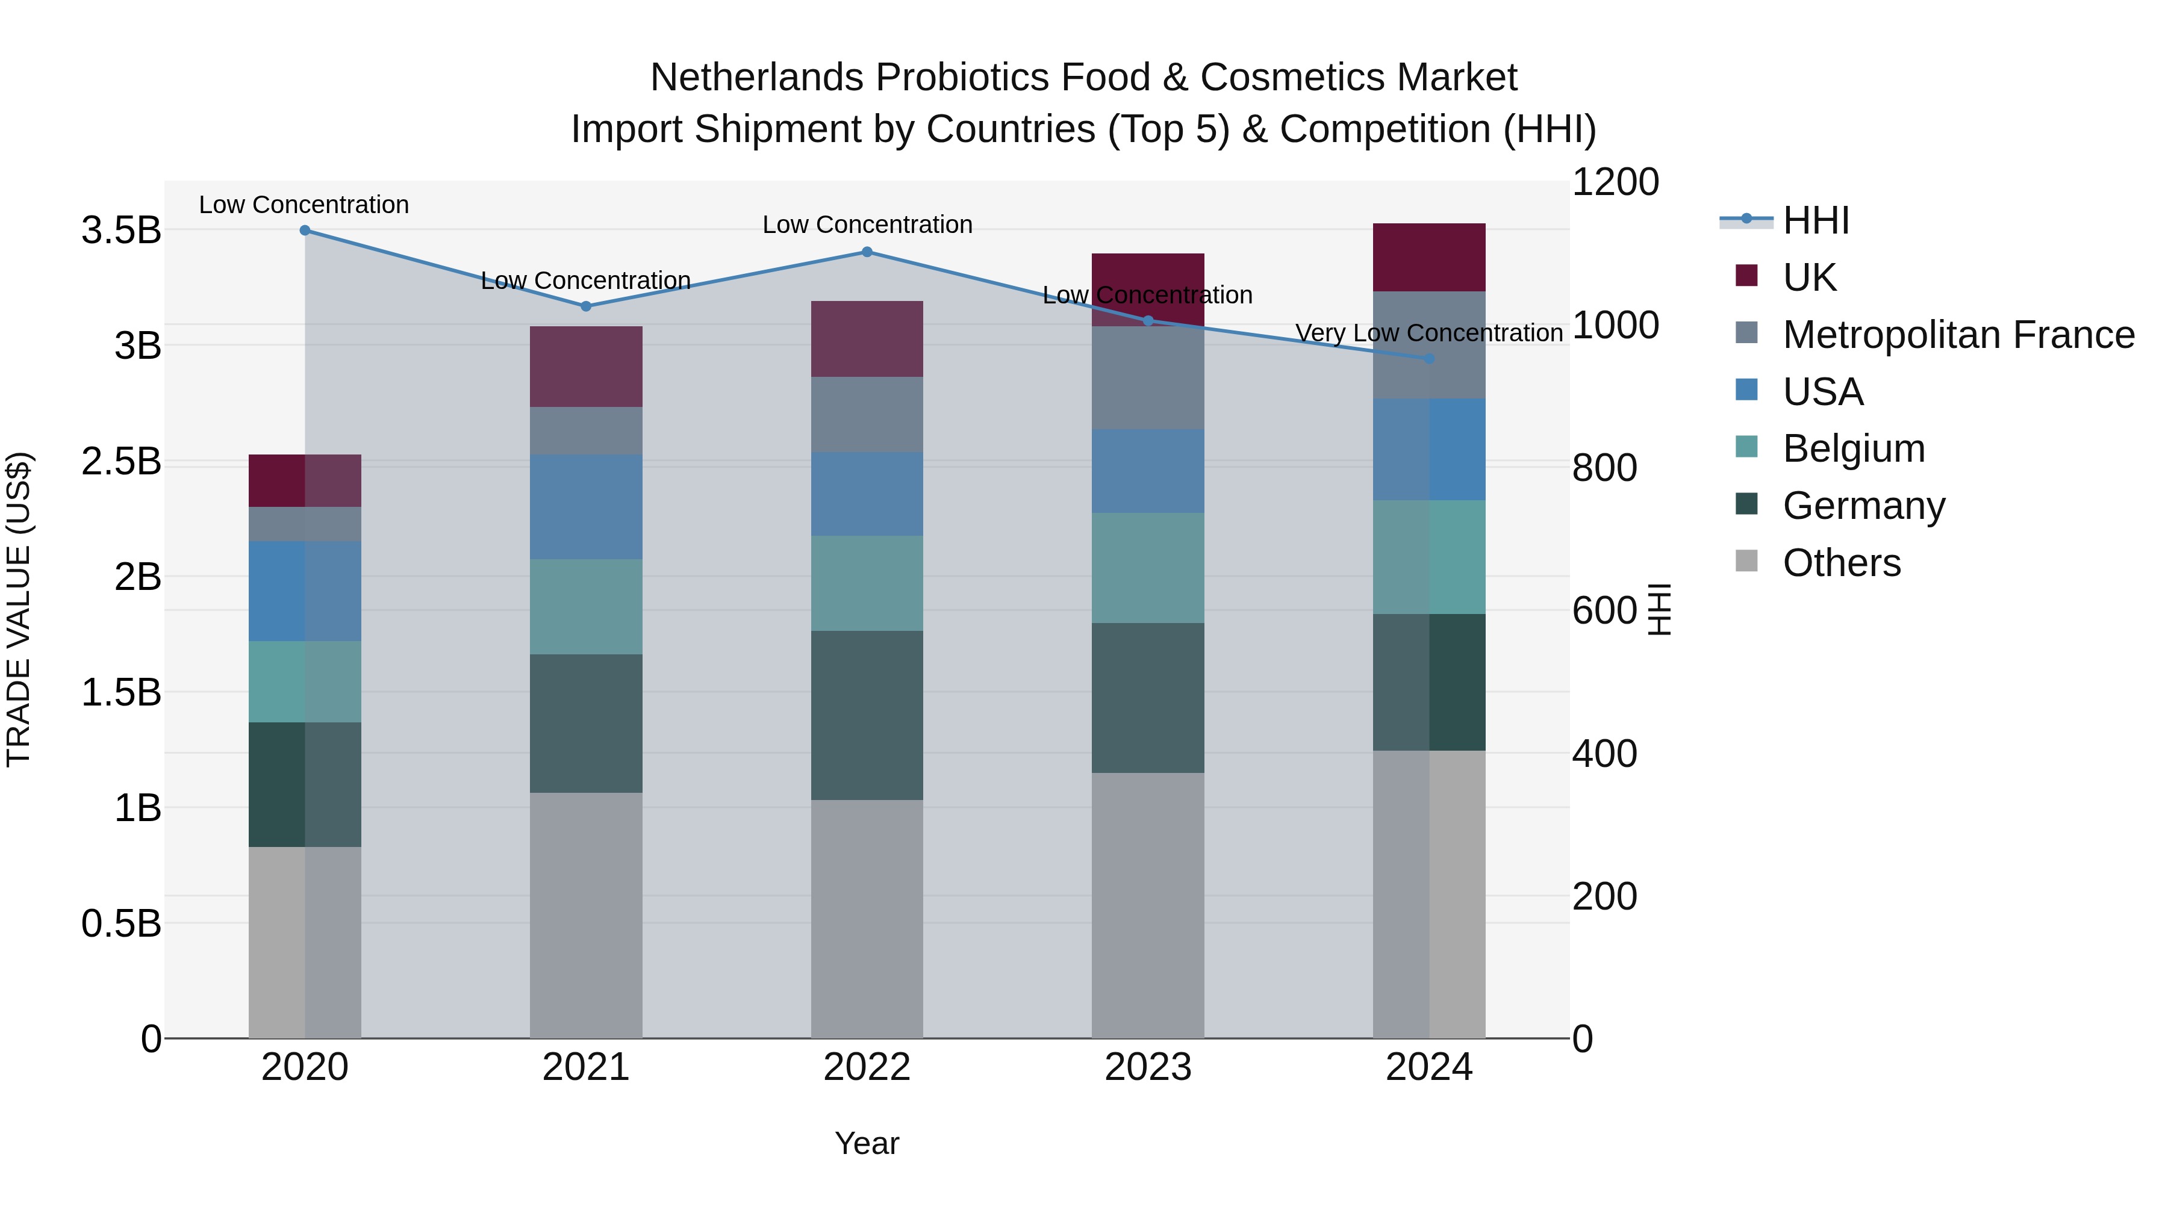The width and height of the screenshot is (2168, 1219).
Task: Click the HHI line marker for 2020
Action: click(x=305, y=231)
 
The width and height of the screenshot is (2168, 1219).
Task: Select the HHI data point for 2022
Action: click(x=867, y=252)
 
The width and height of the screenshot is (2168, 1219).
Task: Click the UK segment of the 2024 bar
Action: click(x=1428, y=258)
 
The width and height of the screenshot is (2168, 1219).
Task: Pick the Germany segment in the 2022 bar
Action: click(x=867, y=715)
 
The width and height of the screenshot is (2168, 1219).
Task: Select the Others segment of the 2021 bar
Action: click(x=586, y=915)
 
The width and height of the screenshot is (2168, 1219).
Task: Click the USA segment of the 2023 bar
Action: click(x=1147, y=471)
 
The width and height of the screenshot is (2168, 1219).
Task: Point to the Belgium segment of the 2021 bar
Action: click(x=586, y=607)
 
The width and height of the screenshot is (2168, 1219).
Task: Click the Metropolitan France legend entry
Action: click(x=1958, y=335)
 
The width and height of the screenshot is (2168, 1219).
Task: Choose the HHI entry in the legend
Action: click(x=1815, y=220)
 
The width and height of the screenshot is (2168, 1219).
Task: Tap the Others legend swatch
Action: click(x=1746, y=561)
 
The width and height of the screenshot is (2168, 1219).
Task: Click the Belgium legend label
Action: click(x=1853, y=448)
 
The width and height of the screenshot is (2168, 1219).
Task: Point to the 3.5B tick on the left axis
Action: click(x=121, y=231)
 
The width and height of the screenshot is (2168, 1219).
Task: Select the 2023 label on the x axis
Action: click(x=1147, y=1067)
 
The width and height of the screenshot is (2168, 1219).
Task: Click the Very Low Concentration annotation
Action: click(x=1428, y=333)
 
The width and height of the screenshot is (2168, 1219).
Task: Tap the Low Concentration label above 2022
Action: click(x=867, y=225)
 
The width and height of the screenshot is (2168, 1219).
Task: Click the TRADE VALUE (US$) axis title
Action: click(x=19, y=609)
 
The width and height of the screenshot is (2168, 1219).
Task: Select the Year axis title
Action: click(x=867, y=1143)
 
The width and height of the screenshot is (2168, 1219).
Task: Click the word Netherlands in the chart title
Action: click(x=756, y=78)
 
